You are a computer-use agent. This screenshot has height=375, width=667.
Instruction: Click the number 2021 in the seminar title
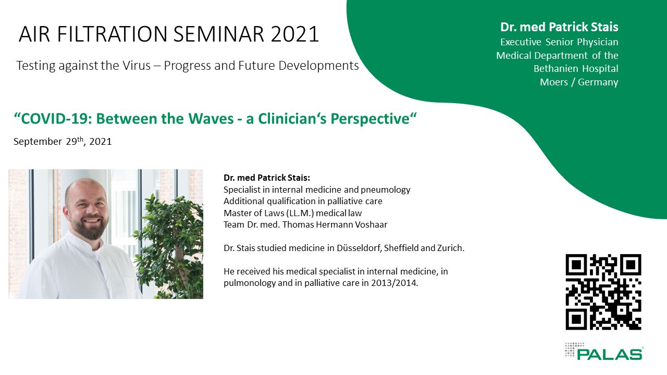click(x=295, y=34)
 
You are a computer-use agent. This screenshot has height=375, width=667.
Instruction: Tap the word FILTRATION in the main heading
click(x=112, y=34)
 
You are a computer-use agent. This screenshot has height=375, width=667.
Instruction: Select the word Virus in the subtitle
click(x=137, y=66)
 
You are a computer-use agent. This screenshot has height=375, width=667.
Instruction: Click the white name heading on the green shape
click(x=559, y=27)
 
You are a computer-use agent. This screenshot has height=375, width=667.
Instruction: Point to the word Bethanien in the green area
click(x=552, y=69)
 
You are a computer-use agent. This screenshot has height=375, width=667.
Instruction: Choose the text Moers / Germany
click(x=579, y=82)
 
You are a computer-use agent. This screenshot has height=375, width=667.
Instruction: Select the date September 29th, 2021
click(x=63, y=141)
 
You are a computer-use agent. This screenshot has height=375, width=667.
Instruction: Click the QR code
click(x=603, y=292)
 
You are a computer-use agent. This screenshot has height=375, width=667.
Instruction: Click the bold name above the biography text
click(x=267, y=178)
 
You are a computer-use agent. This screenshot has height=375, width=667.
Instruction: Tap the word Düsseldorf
click(x=359, y=248)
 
